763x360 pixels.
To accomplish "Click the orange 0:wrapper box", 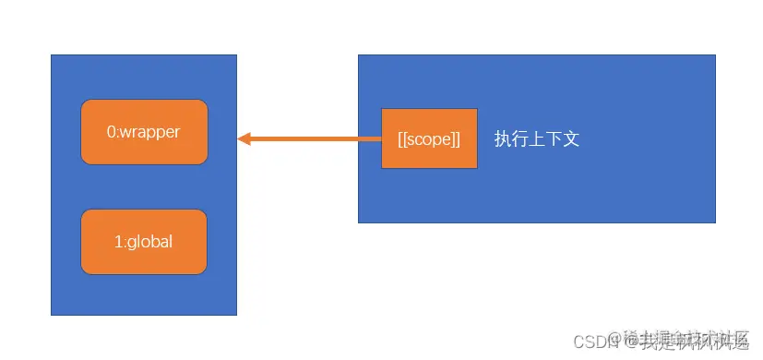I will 144,132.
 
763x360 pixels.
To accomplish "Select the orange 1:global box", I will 144,242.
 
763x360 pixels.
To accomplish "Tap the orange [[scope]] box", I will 429,138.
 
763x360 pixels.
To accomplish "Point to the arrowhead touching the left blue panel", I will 244,139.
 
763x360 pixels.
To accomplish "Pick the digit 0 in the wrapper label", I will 112,132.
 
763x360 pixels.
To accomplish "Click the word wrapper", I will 150,132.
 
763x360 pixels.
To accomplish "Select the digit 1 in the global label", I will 118,242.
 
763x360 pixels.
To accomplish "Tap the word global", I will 150,242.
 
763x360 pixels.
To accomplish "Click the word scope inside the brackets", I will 429,139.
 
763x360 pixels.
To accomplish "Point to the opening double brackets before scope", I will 402,139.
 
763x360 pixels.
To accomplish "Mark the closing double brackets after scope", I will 456,139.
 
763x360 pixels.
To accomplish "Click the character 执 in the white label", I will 503,139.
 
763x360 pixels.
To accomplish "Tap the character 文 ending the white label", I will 571,139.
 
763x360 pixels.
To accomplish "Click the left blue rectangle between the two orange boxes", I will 144,187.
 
